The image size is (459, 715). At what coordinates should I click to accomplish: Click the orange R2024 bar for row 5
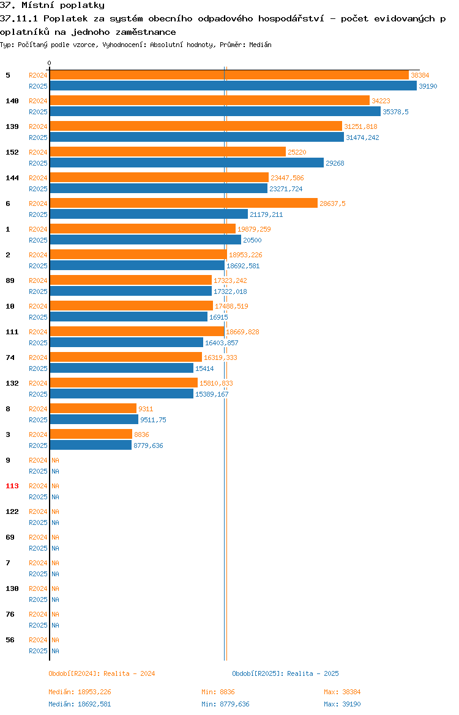pyautogui.click(x=229, y=75)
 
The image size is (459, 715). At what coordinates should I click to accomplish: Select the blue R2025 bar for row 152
pyautogui.click(x=187, y=163)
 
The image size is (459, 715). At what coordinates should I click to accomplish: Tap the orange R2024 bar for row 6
pyautogui.click(x=184, y=204)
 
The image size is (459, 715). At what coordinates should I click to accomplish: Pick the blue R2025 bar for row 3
pyautogui.click(x=91, y=446)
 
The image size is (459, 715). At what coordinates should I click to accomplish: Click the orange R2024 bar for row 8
pyautogui.click(x=93, y=409)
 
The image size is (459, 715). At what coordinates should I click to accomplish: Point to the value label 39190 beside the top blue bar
pyautogui.click(x=428, y=86)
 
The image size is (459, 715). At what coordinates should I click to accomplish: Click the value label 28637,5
pyautogui.click(x=332, y=204)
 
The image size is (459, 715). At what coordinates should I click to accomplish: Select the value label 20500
pyautogui.click(x=252, y=240)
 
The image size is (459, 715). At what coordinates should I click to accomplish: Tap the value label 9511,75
pyautogui.click(x=153, y=420)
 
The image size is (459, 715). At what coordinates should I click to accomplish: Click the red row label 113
pyautogui.click(x=12, y=486)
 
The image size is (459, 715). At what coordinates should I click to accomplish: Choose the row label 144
pyautogui.click(x=12, y=178)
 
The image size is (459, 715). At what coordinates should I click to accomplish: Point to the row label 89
pyautogui.click(x=10, y=280)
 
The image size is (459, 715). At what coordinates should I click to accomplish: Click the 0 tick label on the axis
pyautogui.click(x=50, y=64)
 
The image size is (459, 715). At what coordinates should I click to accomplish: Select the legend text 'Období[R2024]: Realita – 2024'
pyautogui.click(x=102, y=673)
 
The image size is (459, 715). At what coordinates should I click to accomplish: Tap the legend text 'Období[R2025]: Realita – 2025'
pyautogui.click(x=285, y=673)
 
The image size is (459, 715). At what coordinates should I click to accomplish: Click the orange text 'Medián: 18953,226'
pyautogui.click(x=80, y=692)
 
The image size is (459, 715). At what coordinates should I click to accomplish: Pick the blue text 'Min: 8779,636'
pyautogui.click(x=226, y=704)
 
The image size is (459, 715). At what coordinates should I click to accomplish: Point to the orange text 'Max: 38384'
pyautogui.click(x=342, y=692)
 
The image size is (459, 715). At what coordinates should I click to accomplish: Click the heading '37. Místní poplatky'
pyautogui.click(x=52, y=5)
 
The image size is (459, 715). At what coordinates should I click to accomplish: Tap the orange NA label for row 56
pyautogui.click(x=55, y=640)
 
